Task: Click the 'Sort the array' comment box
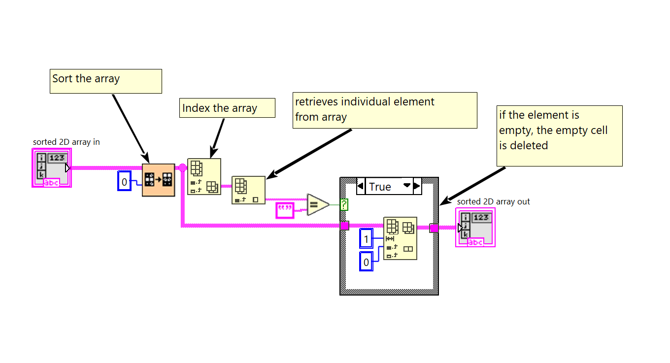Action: click(x=105, y=81)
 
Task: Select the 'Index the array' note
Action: click(x=227, y=108)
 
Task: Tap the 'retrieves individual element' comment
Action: click(x=385, y=110)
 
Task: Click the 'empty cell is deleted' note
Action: click(x=559, y=135)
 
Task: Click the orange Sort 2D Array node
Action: click(x=158, y=180)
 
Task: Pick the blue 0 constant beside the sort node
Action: click(x=124, y=182)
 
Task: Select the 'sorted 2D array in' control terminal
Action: click(x=52, y=169)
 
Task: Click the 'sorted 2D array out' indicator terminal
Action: click(x=475, y=227)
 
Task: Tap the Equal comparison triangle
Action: click(x=317, y=204)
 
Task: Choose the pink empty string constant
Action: click(x=285, y=210)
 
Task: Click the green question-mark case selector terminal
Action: click(x=344, y=204)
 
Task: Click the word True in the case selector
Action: click(x=380, y=187)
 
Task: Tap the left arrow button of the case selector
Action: click(x=361, y=187)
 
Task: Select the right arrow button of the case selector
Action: click(x=417, y=187)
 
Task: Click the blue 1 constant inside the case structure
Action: click(x=366, y=239)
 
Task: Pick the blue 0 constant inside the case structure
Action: click(x=366, y=262)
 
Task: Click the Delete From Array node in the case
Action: click(x=400, y=238)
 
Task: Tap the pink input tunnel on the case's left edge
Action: click(x=345, y=226)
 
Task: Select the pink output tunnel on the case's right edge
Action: click(x=434, y=228)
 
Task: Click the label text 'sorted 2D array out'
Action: click(x=493, y=201)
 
